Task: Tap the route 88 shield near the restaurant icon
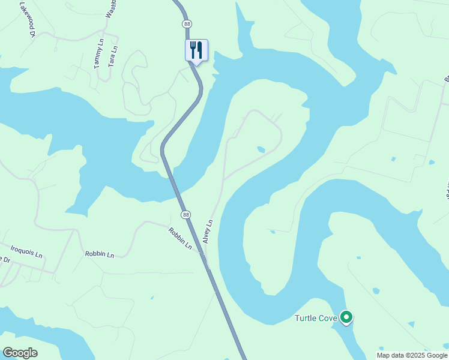(x=187, y=23)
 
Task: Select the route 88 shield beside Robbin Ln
(x=186, y=214)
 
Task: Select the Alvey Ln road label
(x=209, y=230)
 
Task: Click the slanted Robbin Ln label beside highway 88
(x=180, y=238)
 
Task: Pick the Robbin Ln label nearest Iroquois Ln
(x=99, y=254)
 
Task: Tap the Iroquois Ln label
(x=27, y=250)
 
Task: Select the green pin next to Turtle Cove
(x=346, y=316)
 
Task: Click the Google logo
(x=20, y=353)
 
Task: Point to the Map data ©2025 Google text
(x=412, y=355)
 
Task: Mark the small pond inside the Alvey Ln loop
(x=261, y=149)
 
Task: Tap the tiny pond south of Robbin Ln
(x=152, y=297)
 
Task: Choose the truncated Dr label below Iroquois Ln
(x=5, y=259)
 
